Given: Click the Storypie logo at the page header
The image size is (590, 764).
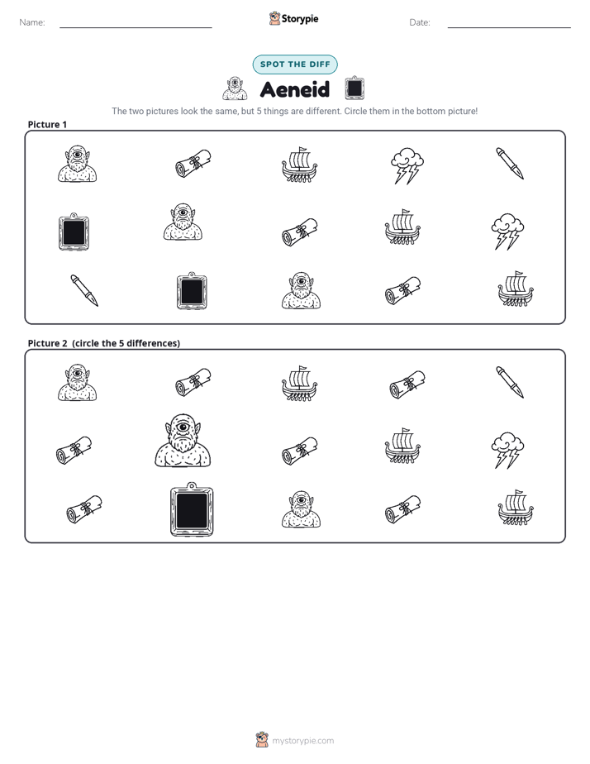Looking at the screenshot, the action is tap(293, 18).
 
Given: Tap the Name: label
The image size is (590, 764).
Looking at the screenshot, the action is tap(32, 22).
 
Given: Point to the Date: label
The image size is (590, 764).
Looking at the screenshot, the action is tap(420, 22).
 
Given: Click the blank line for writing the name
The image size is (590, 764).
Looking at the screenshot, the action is tap(136, 27).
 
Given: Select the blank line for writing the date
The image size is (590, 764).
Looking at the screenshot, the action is tap(509, 27).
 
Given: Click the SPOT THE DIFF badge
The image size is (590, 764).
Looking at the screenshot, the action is tap(295, 64).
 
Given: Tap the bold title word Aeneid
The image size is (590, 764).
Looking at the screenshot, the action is tap(295, 89).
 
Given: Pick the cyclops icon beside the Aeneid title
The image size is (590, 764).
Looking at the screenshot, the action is tap(235, 88).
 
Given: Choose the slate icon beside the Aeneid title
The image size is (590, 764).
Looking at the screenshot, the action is tap(354, 88).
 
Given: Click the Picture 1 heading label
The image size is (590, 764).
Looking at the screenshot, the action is tap(47, 124).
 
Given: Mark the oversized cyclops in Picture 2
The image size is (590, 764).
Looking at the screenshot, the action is tap(183, 441).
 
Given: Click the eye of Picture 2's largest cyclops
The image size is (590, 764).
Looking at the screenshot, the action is tap(183, 427).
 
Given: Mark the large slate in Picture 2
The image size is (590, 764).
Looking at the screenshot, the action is tap(192, 509).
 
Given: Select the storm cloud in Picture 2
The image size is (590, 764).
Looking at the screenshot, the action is tap(507, 450).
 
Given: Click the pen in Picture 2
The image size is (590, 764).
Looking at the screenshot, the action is tap(510, 382).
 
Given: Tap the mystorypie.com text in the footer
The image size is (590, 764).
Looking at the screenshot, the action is tap(302, 741).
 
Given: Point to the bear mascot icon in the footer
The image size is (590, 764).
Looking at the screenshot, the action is tap(262, 740).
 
